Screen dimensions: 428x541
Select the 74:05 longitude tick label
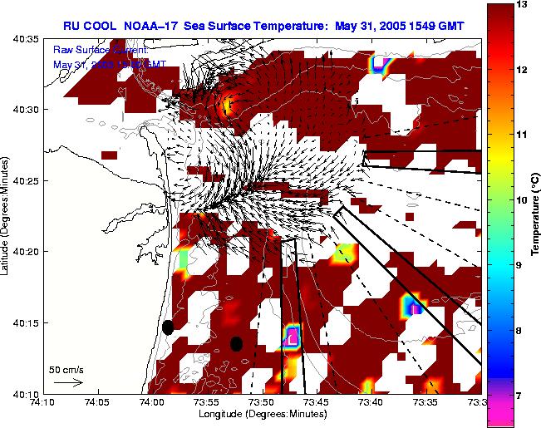96,402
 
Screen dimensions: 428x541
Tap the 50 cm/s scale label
65,369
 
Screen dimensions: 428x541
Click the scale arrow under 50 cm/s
67,382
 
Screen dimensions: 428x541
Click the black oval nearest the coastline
168,327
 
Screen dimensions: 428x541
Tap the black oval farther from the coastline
236,343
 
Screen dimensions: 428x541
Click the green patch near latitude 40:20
184,258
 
